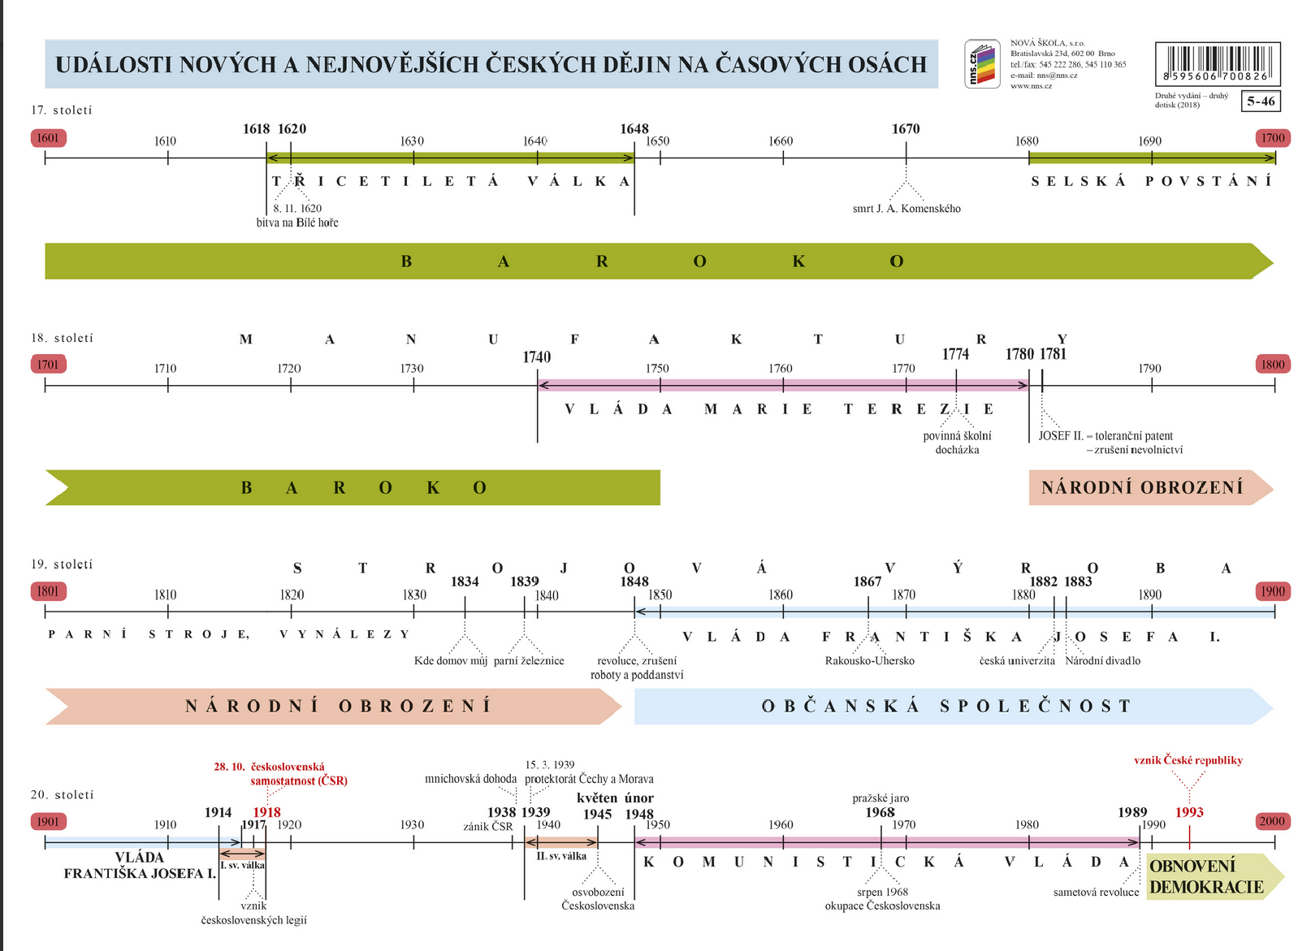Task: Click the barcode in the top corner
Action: (1217, 63)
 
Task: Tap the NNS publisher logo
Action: (981, 63)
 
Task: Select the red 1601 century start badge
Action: (48, 137)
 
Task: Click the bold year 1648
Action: (634, 128)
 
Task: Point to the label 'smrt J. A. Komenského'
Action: (906, 209)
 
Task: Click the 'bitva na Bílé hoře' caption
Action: (297, 223)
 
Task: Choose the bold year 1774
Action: (955, 354)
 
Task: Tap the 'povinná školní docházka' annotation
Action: (957, 443)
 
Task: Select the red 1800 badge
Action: (1273, 364)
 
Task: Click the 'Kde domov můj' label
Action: (451, 661)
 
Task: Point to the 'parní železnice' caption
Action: (529, 661)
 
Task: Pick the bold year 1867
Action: (868, 581)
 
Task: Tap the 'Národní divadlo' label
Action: (1103, 661)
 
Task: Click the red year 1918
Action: (267, 812)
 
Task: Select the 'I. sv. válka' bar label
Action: (242, 866)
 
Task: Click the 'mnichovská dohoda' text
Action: (470, 779)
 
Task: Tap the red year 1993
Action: (1189, 812)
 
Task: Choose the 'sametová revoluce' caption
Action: (1096, 893)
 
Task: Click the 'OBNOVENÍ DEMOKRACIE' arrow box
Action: (1208, 876)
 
